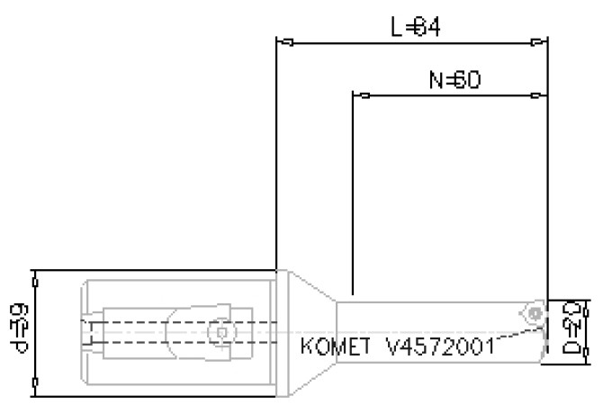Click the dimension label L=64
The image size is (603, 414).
pyautogui.click(x=415, y=27)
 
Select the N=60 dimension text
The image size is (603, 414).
pyautogui.click(x=454, y=80)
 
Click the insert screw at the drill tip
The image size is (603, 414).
pyautogui.click(x=535, y=313)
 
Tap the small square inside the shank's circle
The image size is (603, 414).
pyautogui.click(x=218, y=332)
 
